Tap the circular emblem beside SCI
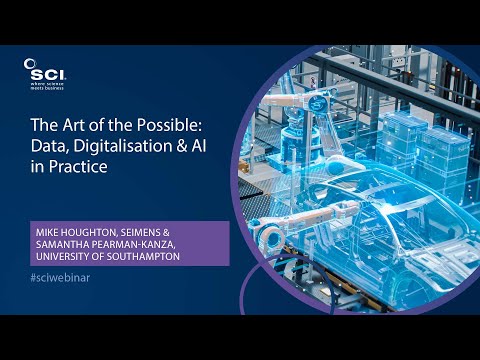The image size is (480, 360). point(29,64)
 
